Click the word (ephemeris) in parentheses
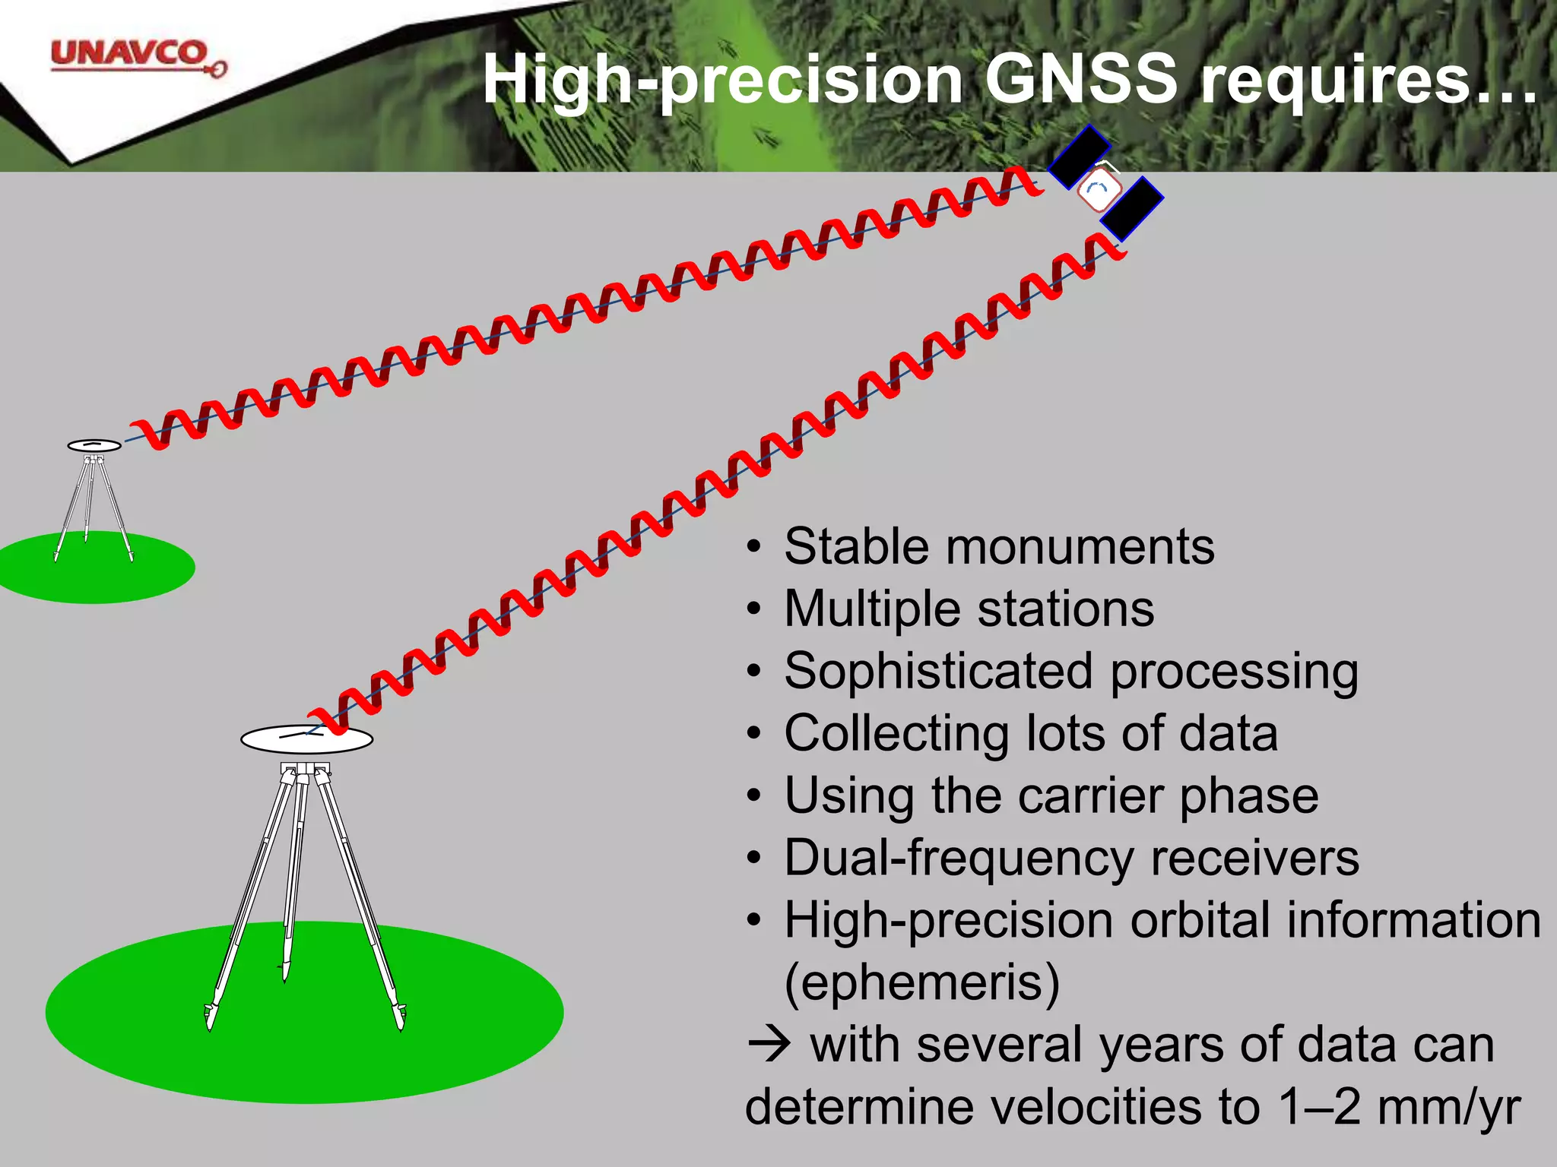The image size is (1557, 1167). [921, 983]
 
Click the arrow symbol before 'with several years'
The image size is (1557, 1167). [769, 1045]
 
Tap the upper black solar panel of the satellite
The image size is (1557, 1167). [1080, 157]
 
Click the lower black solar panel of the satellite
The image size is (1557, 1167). [1132, 209]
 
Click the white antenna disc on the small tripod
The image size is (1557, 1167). [94, 445]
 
